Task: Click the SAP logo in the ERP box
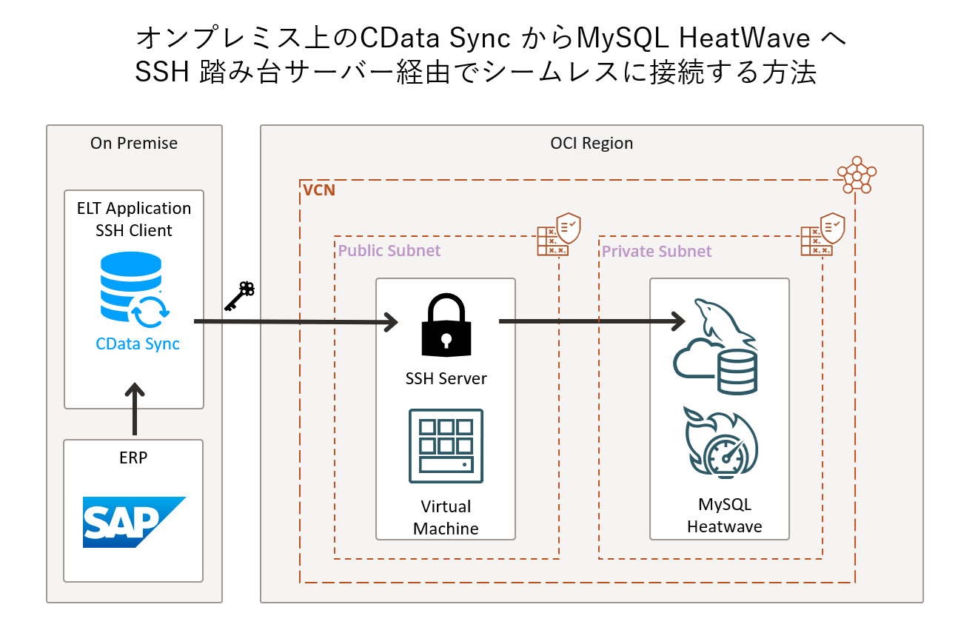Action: click(133, 522)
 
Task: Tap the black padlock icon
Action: click(446, 326)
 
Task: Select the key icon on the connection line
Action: click(239, 296)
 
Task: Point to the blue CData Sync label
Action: click(138, 344)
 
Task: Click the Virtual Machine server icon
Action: click(446, 446)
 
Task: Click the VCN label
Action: click(319, 190)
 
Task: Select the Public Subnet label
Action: click(389, 250)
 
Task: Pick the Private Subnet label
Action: click(657, 251)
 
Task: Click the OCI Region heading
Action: click(592, 143)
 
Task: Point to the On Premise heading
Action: click(134, 143)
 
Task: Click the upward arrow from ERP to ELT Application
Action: click(134, 409)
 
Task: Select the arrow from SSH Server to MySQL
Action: click(592, 321)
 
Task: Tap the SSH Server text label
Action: click(446, 378)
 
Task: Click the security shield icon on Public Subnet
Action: click(559, 234)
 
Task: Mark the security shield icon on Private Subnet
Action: click(822, 234)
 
